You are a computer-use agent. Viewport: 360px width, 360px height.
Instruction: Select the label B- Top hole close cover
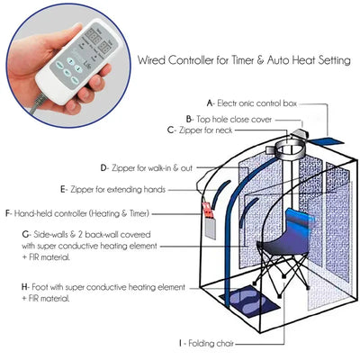point(230,119)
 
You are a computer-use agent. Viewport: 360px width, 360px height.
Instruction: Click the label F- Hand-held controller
point(76,213)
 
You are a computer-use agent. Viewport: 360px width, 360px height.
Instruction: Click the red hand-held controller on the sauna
point(209,216)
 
